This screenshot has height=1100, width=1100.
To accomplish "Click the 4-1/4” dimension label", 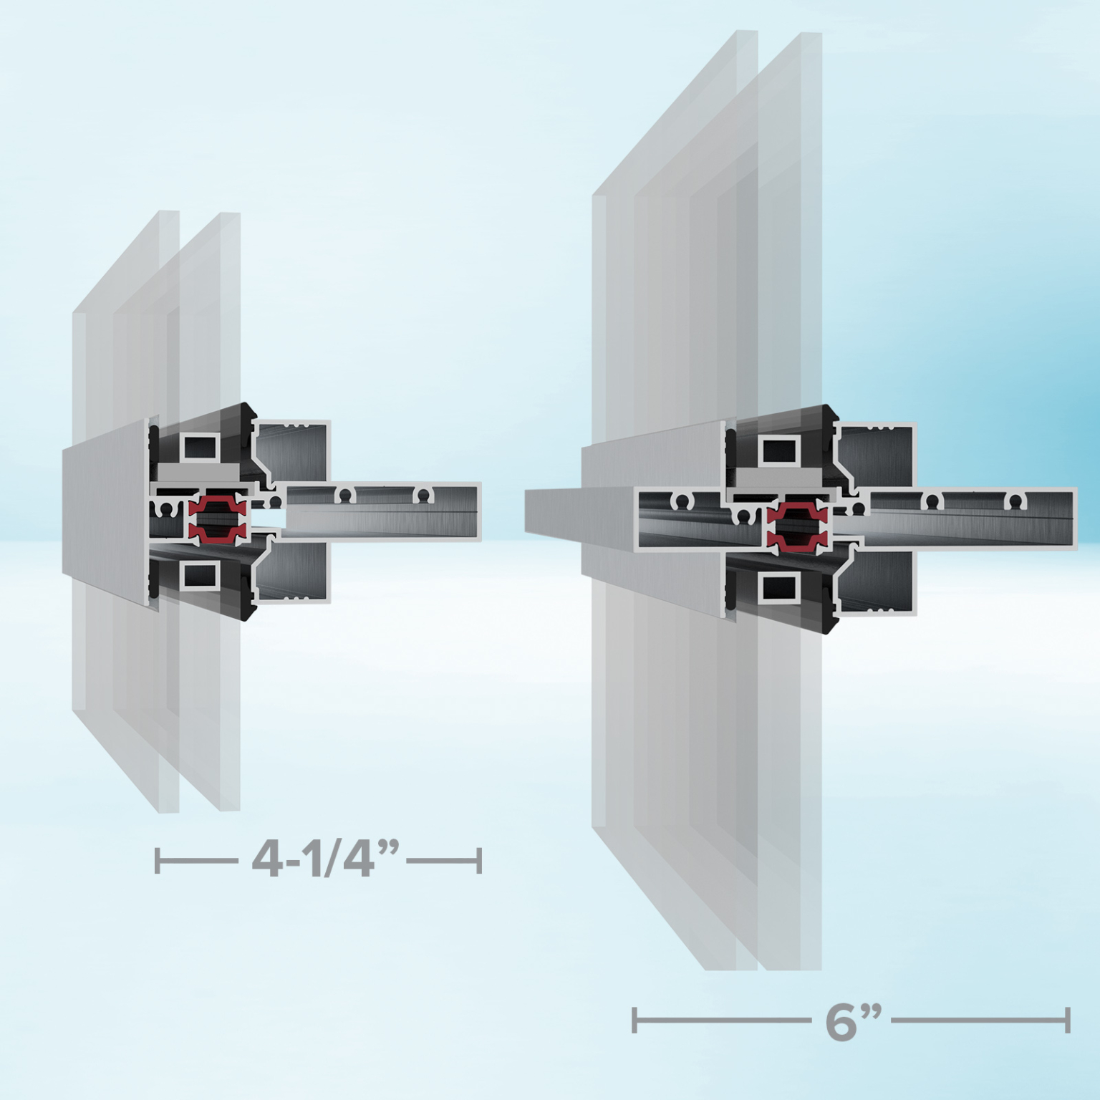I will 324,859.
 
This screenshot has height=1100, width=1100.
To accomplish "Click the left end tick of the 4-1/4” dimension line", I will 158,859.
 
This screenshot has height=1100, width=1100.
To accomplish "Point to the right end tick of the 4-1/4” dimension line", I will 479,859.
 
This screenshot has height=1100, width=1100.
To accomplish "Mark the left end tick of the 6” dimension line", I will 635,1020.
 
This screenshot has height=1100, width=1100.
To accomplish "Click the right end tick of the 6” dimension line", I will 1068,1020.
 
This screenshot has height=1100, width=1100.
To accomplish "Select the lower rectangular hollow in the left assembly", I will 200,575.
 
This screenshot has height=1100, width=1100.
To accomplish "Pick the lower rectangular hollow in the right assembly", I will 779,587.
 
